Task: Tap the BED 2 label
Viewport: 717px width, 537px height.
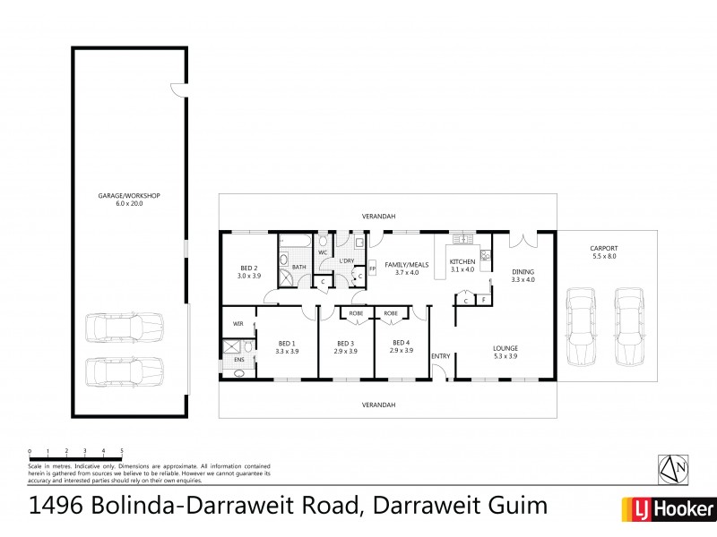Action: (x=249, y=268)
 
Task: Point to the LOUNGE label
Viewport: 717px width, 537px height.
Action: (x=505, y=348)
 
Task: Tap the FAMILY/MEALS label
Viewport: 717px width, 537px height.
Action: (x=402, y=265)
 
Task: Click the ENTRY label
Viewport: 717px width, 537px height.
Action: (x=441, y=356)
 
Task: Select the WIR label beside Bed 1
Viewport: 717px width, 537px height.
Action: (x=238, y=323)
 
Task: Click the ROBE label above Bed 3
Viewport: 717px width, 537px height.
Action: (x=356, y=314)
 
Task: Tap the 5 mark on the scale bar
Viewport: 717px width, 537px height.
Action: (x=122, y=450)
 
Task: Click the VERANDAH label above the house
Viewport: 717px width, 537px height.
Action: (x=378, y=216)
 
